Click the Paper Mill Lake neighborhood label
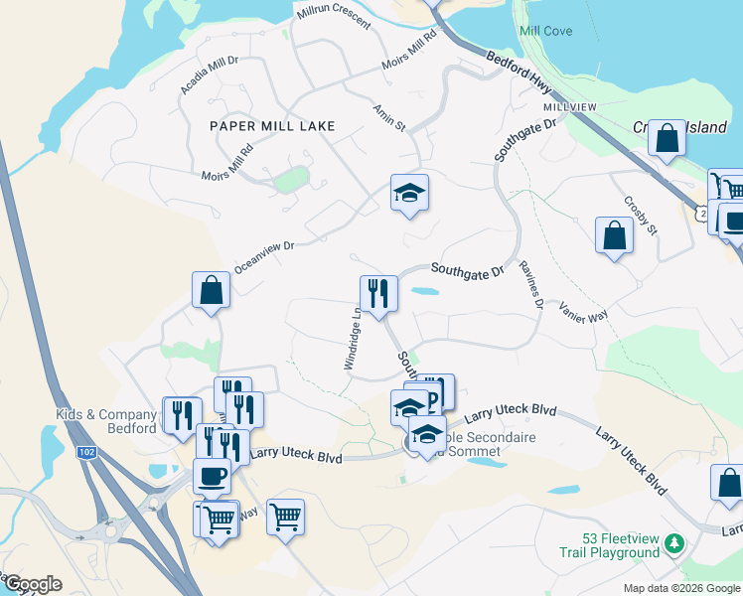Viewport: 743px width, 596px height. pos(271,126)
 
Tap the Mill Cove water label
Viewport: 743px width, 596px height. pos(545,31)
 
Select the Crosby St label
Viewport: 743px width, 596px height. pos(641,215)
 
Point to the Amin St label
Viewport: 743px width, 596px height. pos(388,117)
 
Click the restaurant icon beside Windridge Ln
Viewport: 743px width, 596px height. pos(378,293)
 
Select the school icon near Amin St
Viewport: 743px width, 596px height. pos(408,192)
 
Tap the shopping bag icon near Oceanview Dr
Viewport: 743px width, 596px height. pos(212,289)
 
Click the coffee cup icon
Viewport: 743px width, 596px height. pos(213,476)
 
